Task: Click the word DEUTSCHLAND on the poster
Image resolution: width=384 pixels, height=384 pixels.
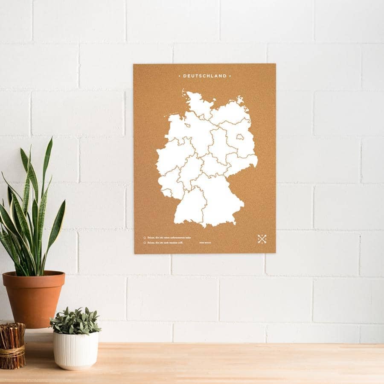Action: point(205,76)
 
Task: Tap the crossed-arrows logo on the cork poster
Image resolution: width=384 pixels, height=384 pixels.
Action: point(262,239)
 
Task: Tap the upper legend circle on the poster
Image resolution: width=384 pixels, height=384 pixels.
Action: point(145,238)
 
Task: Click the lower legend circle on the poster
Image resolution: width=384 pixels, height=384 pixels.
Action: point(145,243)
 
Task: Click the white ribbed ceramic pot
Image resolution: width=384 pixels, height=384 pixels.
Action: point(76,350)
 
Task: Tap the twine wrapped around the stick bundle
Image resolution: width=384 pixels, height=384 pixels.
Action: point(12,352)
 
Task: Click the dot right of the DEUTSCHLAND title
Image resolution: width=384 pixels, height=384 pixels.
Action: point(230,76)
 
